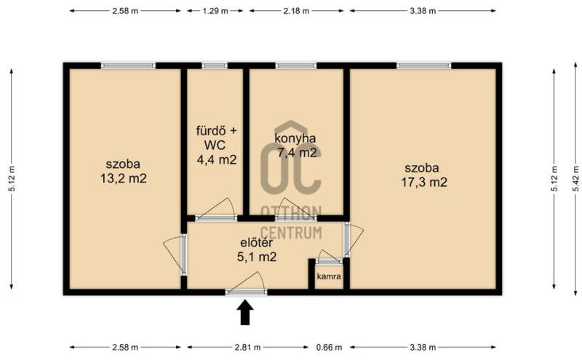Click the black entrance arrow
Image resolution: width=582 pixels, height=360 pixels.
click(245, 312)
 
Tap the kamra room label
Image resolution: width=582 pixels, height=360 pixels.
click(329, 276)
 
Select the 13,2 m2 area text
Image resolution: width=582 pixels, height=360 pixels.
click(124, 179)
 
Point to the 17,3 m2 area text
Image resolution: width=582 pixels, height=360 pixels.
click(424, 183)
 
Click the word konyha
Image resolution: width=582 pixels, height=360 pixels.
click(295, 138)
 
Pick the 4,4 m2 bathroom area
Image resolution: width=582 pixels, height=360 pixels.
click(216, 160)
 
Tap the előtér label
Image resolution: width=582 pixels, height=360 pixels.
click(257, 243)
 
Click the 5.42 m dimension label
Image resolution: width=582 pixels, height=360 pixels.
click(575, 178)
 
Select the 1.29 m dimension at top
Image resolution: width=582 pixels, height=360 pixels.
click(215, 11)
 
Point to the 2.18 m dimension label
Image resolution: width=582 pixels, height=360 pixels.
click(296, 11)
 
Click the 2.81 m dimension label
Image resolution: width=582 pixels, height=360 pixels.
click(247, 348)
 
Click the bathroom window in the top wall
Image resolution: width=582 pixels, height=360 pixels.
click(215, 65)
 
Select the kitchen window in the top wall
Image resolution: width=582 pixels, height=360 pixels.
click(296, 65)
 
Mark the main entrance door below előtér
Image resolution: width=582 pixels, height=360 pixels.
click(246, 292)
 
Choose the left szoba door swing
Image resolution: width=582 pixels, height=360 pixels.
click(175, 255)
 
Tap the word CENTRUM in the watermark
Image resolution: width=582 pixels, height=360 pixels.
click(290, 233)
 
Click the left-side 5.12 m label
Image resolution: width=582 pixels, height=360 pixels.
click(12, 178)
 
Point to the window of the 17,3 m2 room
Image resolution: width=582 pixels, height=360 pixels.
click(424, 65)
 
